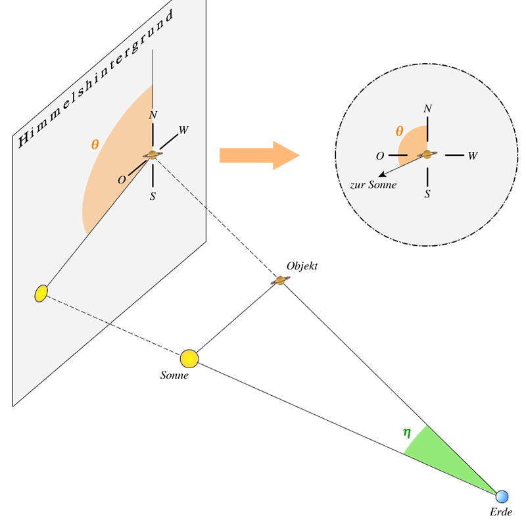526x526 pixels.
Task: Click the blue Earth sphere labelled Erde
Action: tap(502, 496)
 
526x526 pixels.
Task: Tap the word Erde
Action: tap(501, 512)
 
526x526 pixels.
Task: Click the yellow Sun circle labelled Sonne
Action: tap(189, 358)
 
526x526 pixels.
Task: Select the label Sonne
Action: tap(174, 375)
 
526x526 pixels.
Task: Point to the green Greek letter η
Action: tap(407, 433)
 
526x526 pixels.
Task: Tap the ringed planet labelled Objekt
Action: tap(280, 281)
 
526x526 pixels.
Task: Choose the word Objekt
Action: tap(302, 266)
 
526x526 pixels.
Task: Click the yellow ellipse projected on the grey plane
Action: tap(41, 293)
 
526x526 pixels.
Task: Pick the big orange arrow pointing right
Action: tap(259, 155)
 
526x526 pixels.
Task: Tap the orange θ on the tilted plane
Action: tap(95, 145)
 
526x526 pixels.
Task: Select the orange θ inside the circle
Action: tap(399, 131)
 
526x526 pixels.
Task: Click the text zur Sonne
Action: tap(373, 185)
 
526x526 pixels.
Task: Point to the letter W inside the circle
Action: tap(472, 156)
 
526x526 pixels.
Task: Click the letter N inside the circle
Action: tap(428, 108)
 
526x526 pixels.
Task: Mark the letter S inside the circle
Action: tap(427, 194)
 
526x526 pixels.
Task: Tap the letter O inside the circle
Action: tap(380, 156)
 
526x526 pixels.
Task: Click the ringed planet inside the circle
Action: tap(427, 155)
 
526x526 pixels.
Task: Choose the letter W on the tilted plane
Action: tap(183, 130)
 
